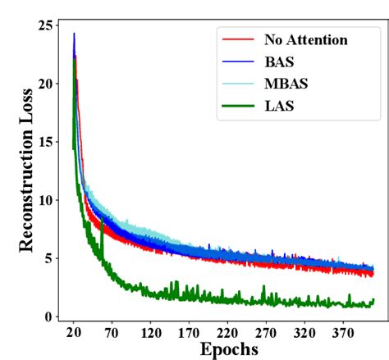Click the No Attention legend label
[x=305, y=39]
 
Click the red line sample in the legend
[x=236, y=39]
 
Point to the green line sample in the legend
[x=236, y=104]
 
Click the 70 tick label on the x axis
[x=111, y=334]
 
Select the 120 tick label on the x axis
[x=150, y=334]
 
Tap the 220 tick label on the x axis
[x=227, y=334]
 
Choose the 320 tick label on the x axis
[x=305, y=334]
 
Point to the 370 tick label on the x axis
[x=344, y=334]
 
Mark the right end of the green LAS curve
[x=373, y=300]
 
